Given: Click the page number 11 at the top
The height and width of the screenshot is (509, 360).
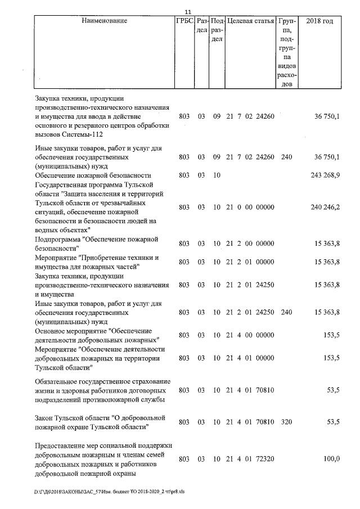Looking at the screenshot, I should pyautogui.click(x=188, y=11).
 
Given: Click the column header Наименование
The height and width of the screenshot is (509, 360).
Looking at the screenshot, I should pyautogui.click(x=104, y=21).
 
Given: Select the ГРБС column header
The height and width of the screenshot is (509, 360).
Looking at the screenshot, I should pyautogui.click(x=184, y=21).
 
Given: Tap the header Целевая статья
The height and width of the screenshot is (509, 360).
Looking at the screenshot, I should pyautogui.click(x=250, y=21).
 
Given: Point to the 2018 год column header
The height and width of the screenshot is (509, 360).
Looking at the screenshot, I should pyautogui.click(x=319, y=21).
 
